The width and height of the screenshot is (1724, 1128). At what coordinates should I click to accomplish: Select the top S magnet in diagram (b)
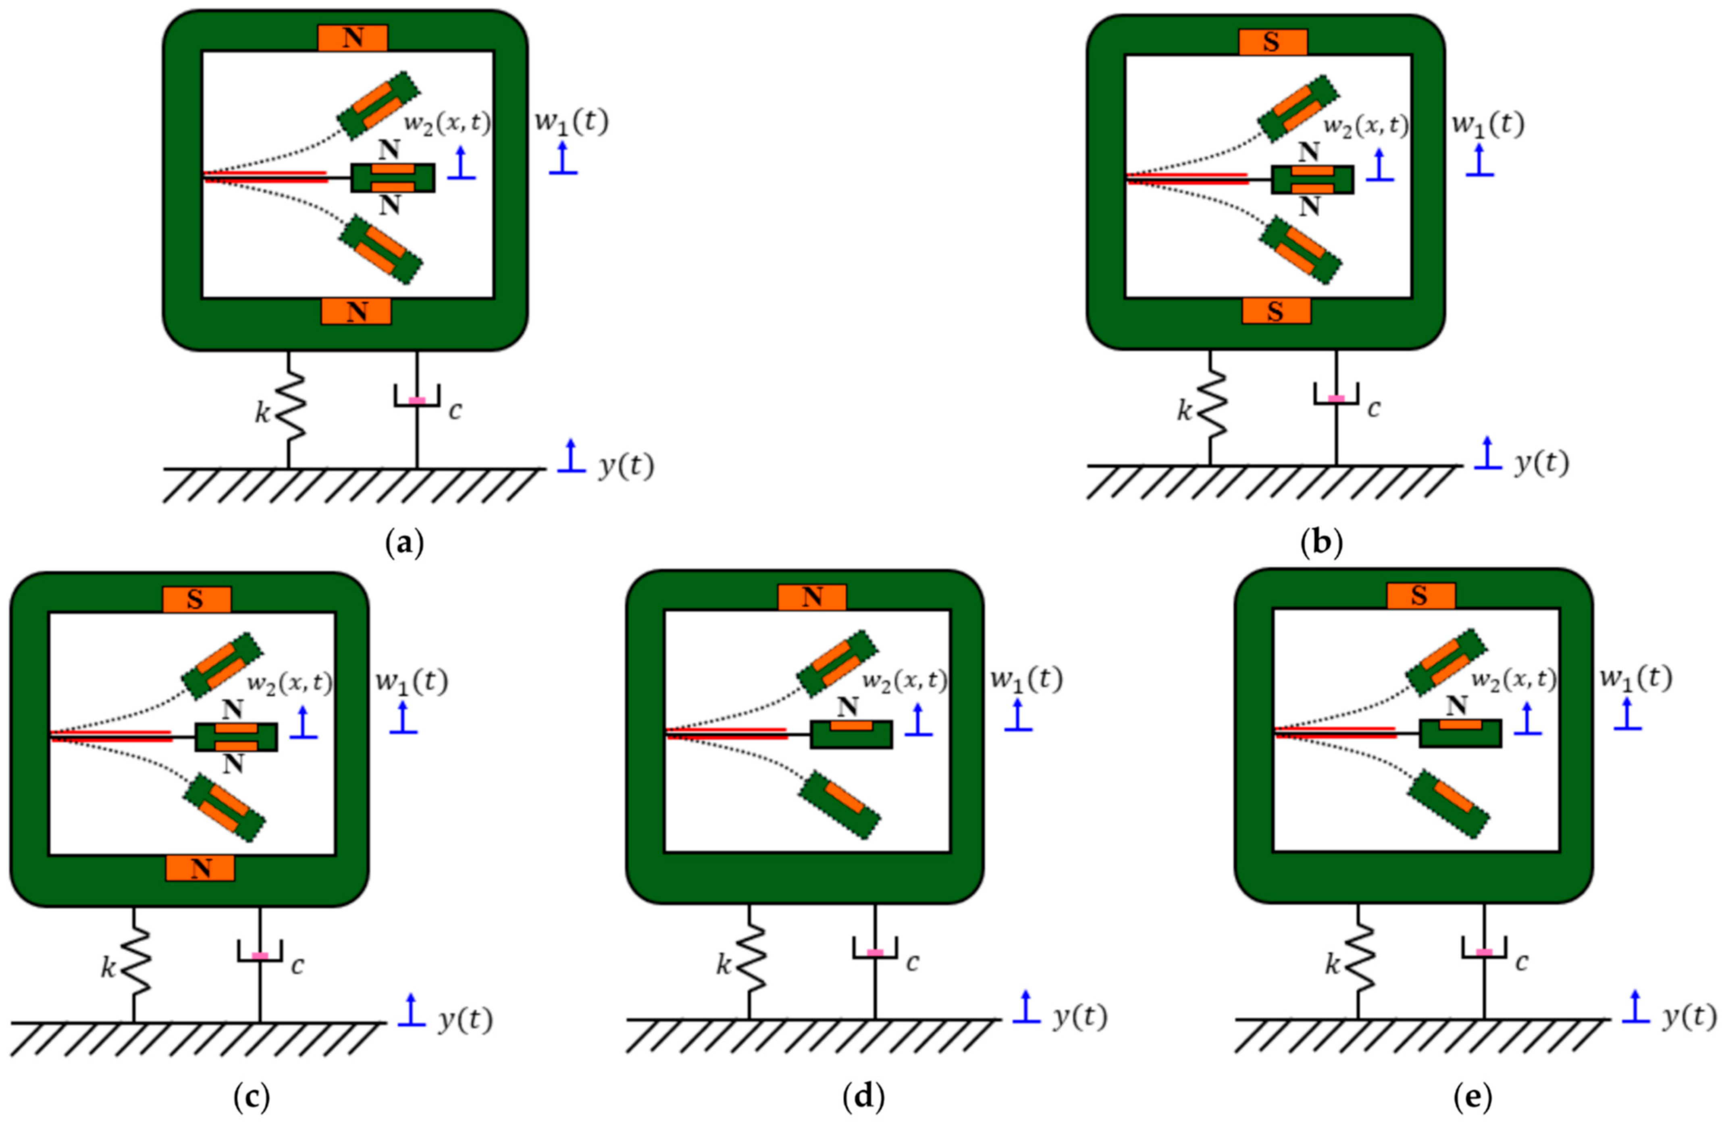click(1272, 42)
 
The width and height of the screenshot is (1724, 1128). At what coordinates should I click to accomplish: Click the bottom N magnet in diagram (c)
click(200, 868)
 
